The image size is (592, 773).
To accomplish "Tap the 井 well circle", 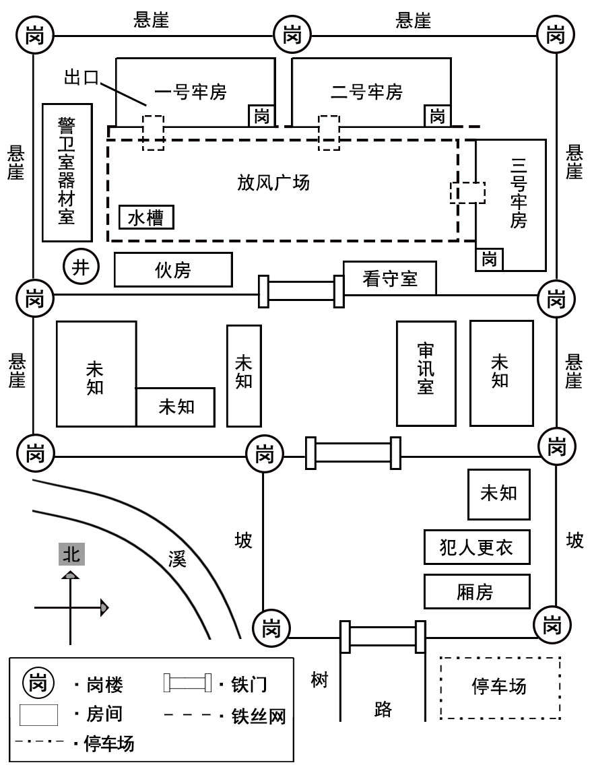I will [81, 267].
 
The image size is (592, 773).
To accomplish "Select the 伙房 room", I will [173, 269].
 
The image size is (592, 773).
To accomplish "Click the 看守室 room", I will [390, 278].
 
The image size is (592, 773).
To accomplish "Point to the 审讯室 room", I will [426, 373].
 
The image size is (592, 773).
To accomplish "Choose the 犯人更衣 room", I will [477, 547].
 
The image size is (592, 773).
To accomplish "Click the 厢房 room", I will [477, 592].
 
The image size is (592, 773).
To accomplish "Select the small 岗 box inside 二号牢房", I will [438, 116].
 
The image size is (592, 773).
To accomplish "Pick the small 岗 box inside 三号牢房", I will [490, 259].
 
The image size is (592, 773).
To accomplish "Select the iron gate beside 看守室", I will [302, 291].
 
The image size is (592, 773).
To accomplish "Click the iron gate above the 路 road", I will [382, 636].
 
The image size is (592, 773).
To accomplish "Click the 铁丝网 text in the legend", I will [259, 716].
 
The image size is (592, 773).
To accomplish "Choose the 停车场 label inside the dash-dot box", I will [499, 687].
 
